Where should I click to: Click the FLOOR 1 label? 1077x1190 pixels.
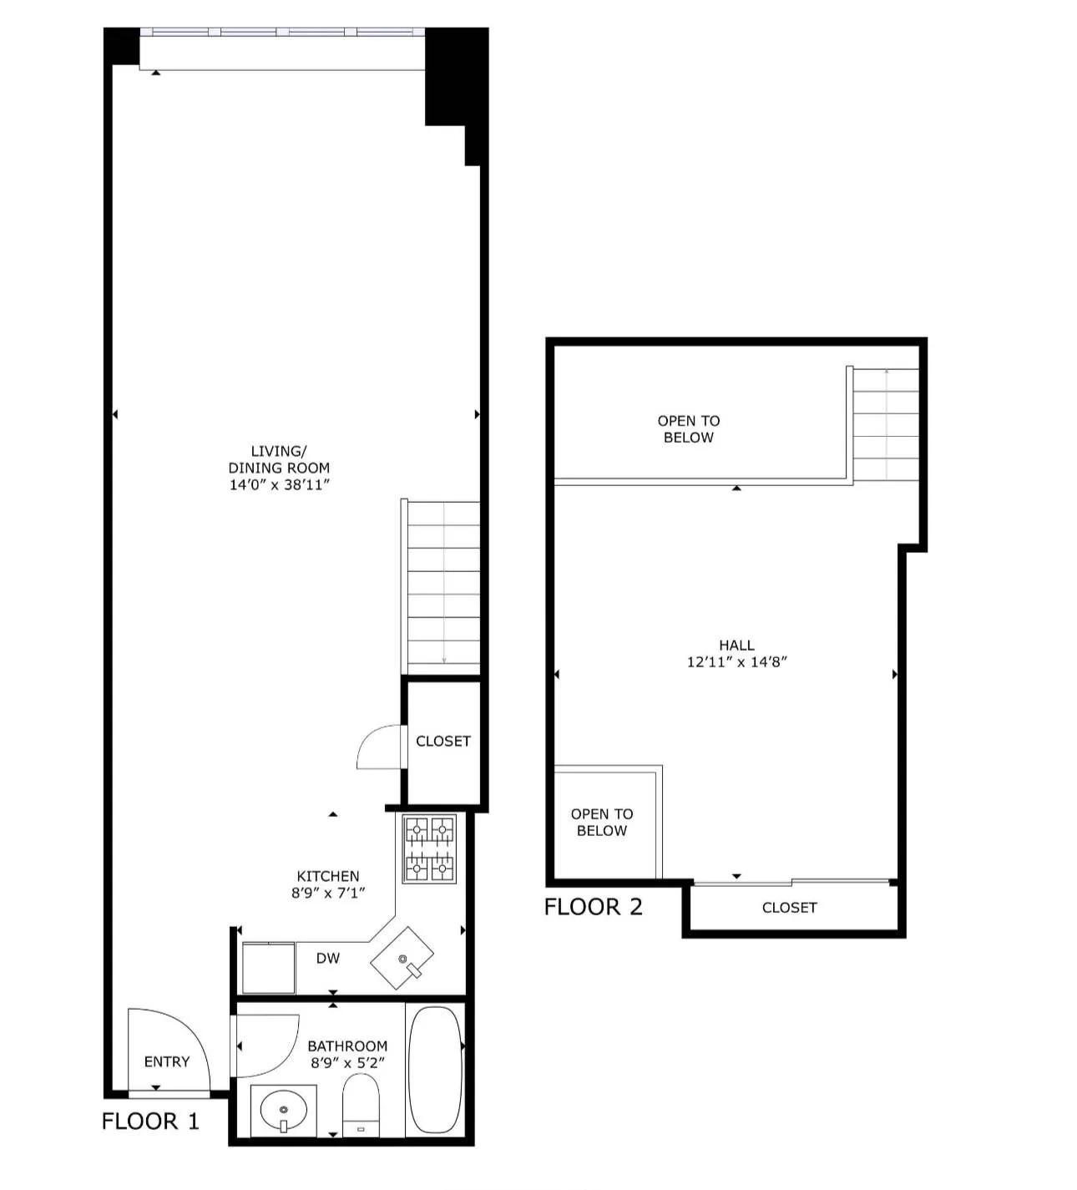point(150,1121)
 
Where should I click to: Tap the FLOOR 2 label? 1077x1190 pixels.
point(593,907)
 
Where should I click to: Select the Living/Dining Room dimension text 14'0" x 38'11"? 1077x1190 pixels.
point(280,484)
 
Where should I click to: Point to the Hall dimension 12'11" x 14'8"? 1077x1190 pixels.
point(736,662)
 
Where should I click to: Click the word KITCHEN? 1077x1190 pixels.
point(328,876)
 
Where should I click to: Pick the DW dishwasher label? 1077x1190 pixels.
point(327,958)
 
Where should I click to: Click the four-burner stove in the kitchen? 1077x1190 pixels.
point(430,848)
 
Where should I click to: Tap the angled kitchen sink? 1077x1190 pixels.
point(402,957)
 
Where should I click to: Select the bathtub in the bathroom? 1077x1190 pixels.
point(434,1069)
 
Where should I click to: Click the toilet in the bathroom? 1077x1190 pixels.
point(361,1106)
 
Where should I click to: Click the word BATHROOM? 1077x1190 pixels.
point(347,1046)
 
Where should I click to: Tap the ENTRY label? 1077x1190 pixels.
point(167,1061)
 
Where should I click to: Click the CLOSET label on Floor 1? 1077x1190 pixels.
point(442,741)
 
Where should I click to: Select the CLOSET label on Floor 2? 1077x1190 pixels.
point(789,907)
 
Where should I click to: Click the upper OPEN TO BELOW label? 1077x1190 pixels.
point(688,428)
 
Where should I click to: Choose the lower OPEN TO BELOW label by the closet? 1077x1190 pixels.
point(601,822)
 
